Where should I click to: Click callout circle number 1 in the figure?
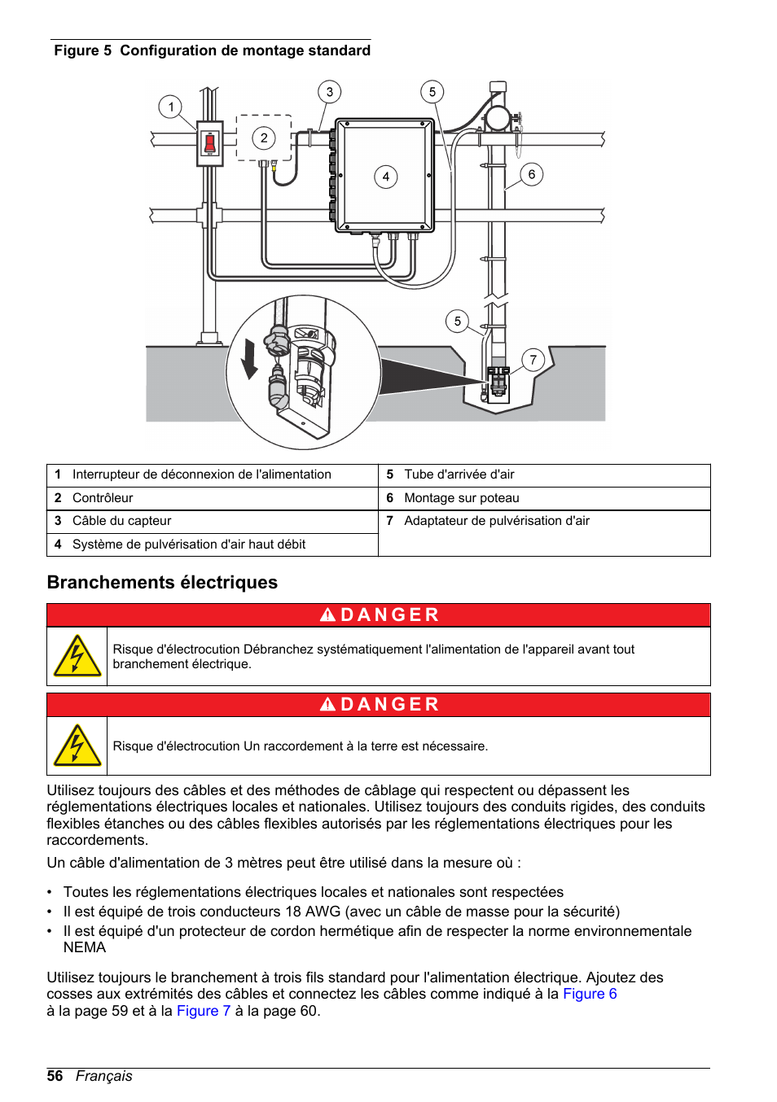170,107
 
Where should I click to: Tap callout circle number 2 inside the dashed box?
263,138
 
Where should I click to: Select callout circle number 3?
329,92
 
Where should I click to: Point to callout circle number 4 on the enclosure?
385,177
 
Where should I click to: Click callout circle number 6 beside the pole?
531,174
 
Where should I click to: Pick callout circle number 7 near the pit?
533,360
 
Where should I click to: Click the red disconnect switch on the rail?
209,144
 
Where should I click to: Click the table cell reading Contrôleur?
103,498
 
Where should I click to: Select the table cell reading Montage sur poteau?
461,498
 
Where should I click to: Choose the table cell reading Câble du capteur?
121,521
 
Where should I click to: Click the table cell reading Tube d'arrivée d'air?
459,474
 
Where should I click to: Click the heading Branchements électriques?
162,583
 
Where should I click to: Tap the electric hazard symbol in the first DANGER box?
77,657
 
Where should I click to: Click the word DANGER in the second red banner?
389,705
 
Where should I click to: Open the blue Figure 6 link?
590,994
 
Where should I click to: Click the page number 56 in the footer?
55,1076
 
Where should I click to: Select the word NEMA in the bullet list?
85,947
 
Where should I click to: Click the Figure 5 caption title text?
212,50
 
